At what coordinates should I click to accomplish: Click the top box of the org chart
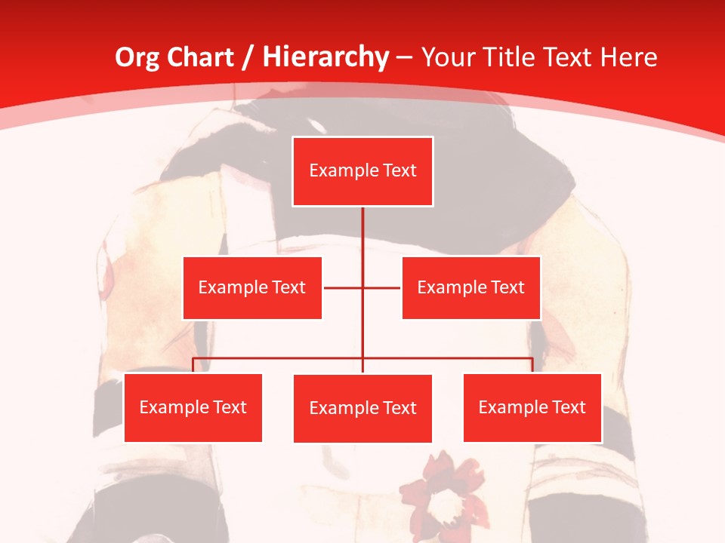(x=362, y=171)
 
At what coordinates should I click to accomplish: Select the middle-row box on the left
(x=252, y=287)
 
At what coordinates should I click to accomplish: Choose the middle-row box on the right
(x=470, y=287)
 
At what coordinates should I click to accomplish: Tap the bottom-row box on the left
(x=193, y=407)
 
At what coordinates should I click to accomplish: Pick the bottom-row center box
(x=362, y=408)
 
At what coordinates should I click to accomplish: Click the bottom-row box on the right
(x=532, y=407)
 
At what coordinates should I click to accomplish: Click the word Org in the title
(x=137, y=57)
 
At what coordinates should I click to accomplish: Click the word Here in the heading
(x=628, y=57)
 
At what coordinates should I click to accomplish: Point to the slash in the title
(x=248, y=57)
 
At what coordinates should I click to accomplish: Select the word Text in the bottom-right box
(x=567, y=407)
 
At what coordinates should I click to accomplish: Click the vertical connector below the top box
(x=362, y=234)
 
